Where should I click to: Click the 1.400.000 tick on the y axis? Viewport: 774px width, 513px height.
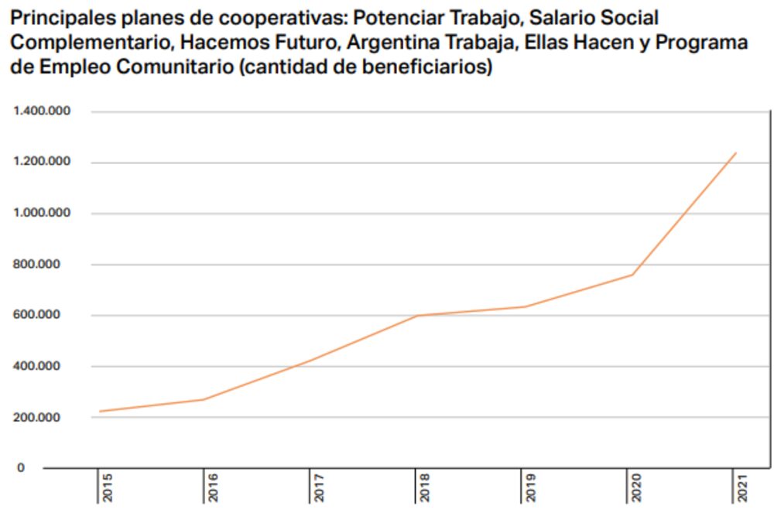point(42,111)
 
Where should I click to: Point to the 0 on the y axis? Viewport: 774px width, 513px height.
point(22,468)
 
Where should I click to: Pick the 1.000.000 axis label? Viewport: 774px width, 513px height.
point(42,214)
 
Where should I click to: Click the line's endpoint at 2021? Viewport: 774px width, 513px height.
point(736,152)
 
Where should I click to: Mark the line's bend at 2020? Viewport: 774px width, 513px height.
point(632,275)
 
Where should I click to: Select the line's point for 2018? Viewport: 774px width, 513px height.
point(417,316)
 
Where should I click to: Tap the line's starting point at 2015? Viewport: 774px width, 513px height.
point(98,412)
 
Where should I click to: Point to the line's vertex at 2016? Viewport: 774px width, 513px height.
point(204,399)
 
